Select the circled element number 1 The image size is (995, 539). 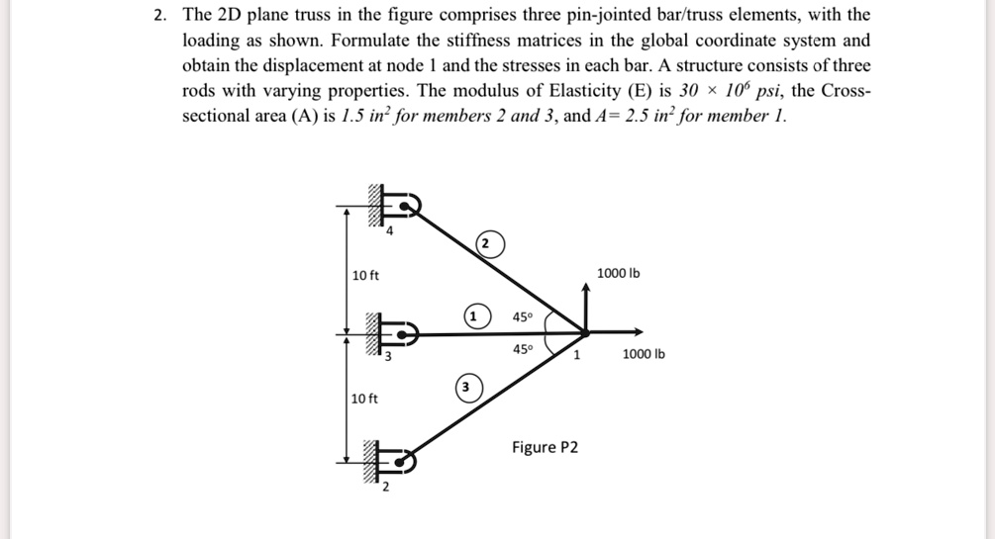474,316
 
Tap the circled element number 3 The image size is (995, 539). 466,387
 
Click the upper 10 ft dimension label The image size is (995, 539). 365,275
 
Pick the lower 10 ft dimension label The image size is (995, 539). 365,399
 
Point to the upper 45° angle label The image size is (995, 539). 523,317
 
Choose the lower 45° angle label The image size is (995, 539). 523,349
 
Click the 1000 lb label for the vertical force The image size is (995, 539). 619,273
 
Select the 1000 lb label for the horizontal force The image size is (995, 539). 644,354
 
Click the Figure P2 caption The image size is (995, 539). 545,448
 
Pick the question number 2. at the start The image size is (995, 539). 160,16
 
